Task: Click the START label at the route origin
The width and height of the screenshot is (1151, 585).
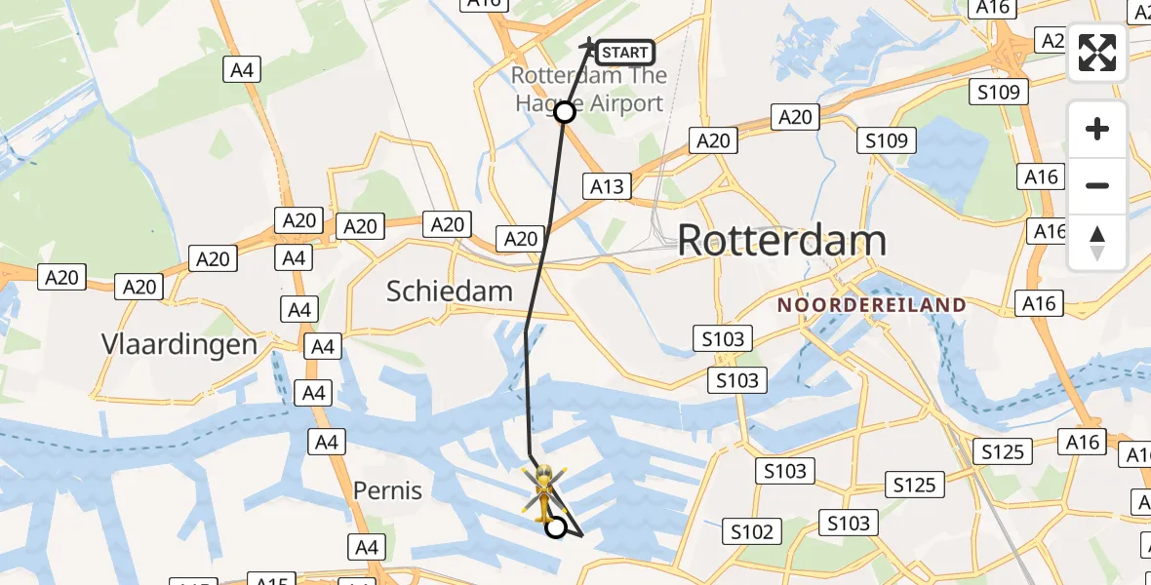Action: (x=624, y=53)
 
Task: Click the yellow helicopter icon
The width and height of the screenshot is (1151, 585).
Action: (x=541, y=489)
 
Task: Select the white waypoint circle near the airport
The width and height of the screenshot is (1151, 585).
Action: (x=565, y=112)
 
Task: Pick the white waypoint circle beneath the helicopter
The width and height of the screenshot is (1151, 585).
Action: (x=555, y=527)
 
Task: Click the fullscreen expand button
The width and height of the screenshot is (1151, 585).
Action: (x=1097, y=53)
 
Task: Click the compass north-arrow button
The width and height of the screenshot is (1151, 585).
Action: (x=1097, y=242)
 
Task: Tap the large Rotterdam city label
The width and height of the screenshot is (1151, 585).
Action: (x=781, y=240)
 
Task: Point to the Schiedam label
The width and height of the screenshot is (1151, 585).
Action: (x=450, y=291)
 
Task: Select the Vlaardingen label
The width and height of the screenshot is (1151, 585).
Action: (x=179, y=344)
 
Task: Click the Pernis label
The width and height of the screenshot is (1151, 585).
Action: (x=388, y=489)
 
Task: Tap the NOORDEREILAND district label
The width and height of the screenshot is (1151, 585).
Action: (x=872, y=305)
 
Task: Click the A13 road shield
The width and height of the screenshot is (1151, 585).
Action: (x=607, y=186)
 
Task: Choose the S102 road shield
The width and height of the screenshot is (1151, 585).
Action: (x=751, y=531)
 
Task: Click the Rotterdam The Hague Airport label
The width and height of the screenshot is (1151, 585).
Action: (x=590, y=90)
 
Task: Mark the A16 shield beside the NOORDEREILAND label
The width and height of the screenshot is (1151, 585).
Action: (x=1040, y=303)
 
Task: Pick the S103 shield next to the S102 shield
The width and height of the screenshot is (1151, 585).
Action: (x=848, y=524)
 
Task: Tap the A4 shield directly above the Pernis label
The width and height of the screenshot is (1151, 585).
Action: (x=326, y=443)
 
